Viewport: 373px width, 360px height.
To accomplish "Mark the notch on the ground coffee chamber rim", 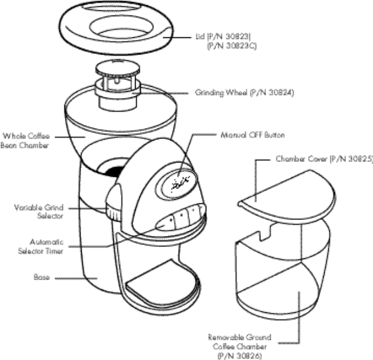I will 264,233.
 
